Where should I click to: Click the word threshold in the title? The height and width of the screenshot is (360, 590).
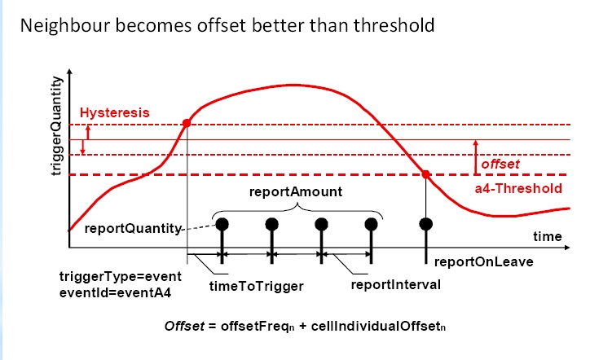tap(391, 25)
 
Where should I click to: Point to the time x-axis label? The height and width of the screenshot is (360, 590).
tap(547, 236)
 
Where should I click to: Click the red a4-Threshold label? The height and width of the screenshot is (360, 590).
tap(518, 189)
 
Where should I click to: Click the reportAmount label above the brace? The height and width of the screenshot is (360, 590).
tap(296, 193)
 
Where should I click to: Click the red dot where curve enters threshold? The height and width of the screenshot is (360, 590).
tap(187, 124)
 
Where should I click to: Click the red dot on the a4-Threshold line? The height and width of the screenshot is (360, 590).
tap(425, 173)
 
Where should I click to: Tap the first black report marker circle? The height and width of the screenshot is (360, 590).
tap(221, 224)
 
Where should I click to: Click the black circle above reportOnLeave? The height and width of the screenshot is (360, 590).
tap(425, 224)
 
